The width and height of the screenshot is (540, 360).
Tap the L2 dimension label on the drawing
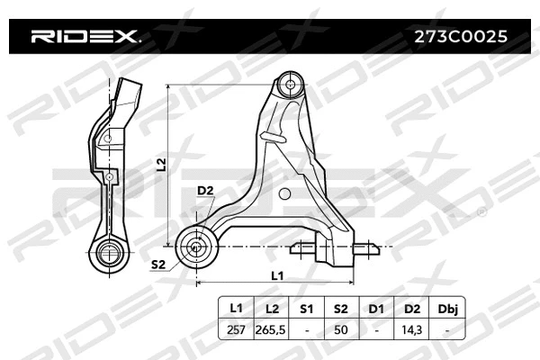click(161, 164)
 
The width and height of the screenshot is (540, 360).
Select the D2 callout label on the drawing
click(204, 191)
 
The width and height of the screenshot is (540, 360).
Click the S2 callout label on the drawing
click(158, 264)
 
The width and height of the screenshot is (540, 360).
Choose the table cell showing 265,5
click(270, 330)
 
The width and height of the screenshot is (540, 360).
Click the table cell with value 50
click(339, 330)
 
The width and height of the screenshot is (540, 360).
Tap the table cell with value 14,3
click(411, 330)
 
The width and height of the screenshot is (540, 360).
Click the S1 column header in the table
click(305, 309)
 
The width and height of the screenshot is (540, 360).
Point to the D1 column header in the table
click(375, 309)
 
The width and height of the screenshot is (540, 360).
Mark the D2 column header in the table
click(411, 309)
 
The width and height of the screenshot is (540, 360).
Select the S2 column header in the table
click(339, 309)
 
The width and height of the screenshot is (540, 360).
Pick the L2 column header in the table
click(270, 309)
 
